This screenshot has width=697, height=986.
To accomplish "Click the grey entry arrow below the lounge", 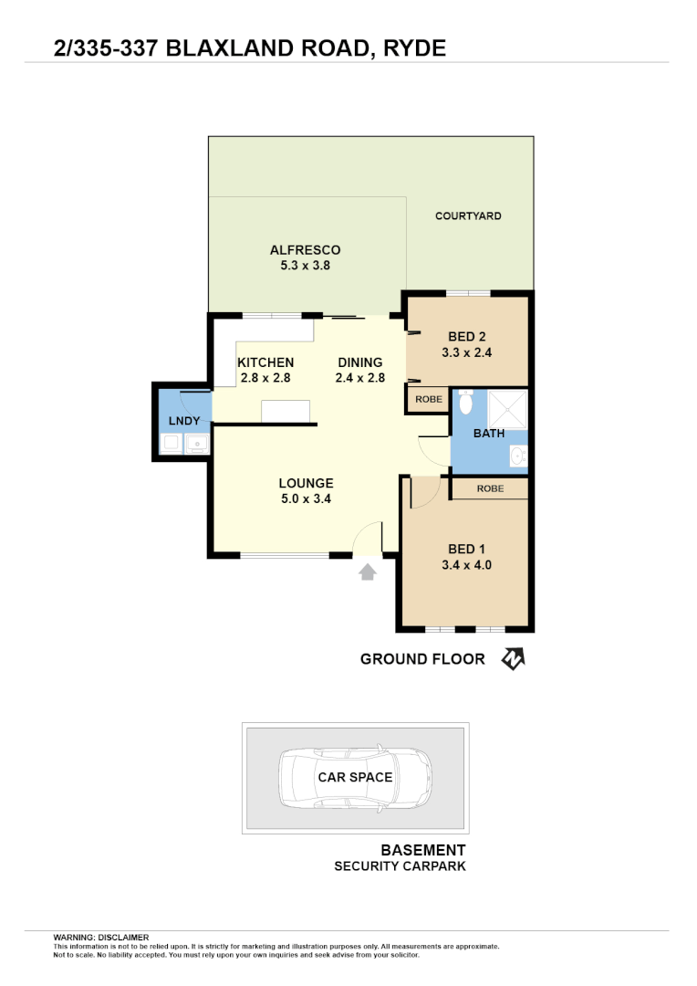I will point(367,572).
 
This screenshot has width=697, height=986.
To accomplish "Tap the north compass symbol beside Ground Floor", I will point(513,658).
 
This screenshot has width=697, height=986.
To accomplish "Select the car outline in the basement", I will point(355,778).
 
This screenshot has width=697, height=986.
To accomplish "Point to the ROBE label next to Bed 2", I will point(428,400).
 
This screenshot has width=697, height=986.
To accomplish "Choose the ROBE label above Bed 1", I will point(490,488).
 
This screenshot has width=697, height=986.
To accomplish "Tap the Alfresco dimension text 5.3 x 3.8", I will point(305,266).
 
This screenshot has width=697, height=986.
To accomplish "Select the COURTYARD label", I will point(468,216).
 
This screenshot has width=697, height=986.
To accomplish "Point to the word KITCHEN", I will point(265,362).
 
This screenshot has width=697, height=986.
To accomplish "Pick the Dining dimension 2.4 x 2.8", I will point(360,377).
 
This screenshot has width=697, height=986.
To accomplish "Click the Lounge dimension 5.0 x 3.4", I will point(306,498).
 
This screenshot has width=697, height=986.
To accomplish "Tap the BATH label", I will point(489,433).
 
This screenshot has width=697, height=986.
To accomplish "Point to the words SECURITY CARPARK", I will point(400,865).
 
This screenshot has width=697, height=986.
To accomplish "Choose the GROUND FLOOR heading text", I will point(422,658).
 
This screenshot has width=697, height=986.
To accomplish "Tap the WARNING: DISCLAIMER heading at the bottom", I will point(100,937).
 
